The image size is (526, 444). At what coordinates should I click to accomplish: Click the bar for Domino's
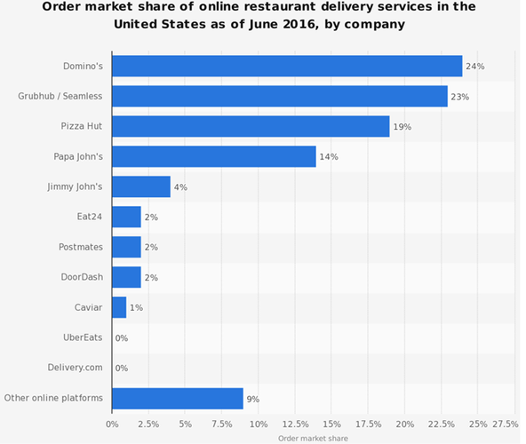[x=287, y=66]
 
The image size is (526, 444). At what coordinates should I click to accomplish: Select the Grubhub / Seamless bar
[x=280, y=96]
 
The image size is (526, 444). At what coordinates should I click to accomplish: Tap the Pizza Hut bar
[x=251, y=126]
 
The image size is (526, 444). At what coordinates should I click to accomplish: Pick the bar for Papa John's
[x=214, y=156]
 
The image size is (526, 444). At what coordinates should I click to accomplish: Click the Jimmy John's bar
[x=141, y=186]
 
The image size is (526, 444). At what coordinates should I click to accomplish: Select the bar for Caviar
[x=119, y=307]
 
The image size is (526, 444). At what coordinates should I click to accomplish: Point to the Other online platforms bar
[x=178, y=399]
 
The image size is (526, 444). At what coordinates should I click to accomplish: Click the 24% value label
[x=475, y=67]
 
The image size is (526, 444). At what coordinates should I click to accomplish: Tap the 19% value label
[x=402, y=127]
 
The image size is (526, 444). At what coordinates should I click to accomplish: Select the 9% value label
[x=253, y=399]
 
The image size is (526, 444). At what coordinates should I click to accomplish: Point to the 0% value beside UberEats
[x=122, y=338]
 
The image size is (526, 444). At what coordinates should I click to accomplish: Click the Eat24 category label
[x=89, y=217]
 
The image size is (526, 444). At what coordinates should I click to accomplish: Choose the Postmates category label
[x=81, y=247]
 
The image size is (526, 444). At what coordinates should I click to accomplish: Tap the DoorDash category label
[x=82, y=277]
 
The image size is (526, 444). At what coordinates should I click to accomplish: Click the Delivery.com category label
[x=75, y=368]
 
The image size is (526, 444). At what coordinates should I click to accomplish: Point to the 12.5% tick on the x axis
[x=295, y=424]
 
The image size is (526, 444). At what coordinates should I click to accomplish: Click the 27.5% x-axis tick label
[x=506, y=424]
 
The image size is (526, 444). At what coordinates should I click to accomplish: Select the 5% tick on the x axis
[x=185, y=424]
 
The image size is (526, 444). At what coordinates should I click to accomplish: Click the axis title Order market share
[x=313, y=439]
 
